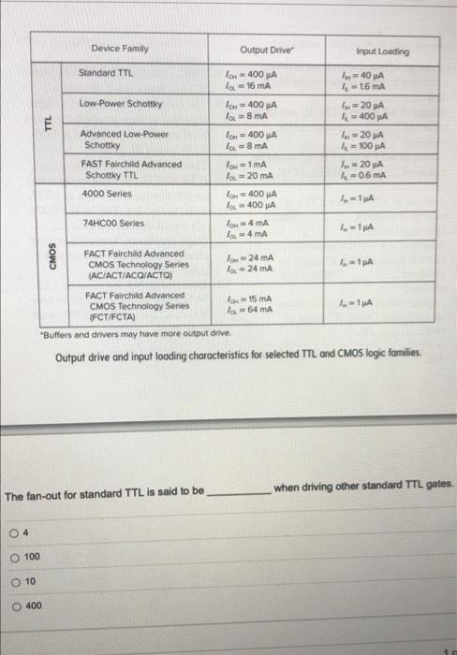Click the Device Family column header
[x=120, y=47]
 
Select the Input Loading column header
[x=382, y=51]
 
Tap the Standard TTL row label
[x=105, y=72]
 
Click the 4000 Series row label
[x=107, y=193]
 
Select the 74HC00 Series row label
[x=113, y=223]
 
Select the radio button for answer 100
[x=15, y=558]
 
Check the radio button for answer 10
[x=15, y=582]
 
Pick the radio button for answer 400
[x=15, y=606]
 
